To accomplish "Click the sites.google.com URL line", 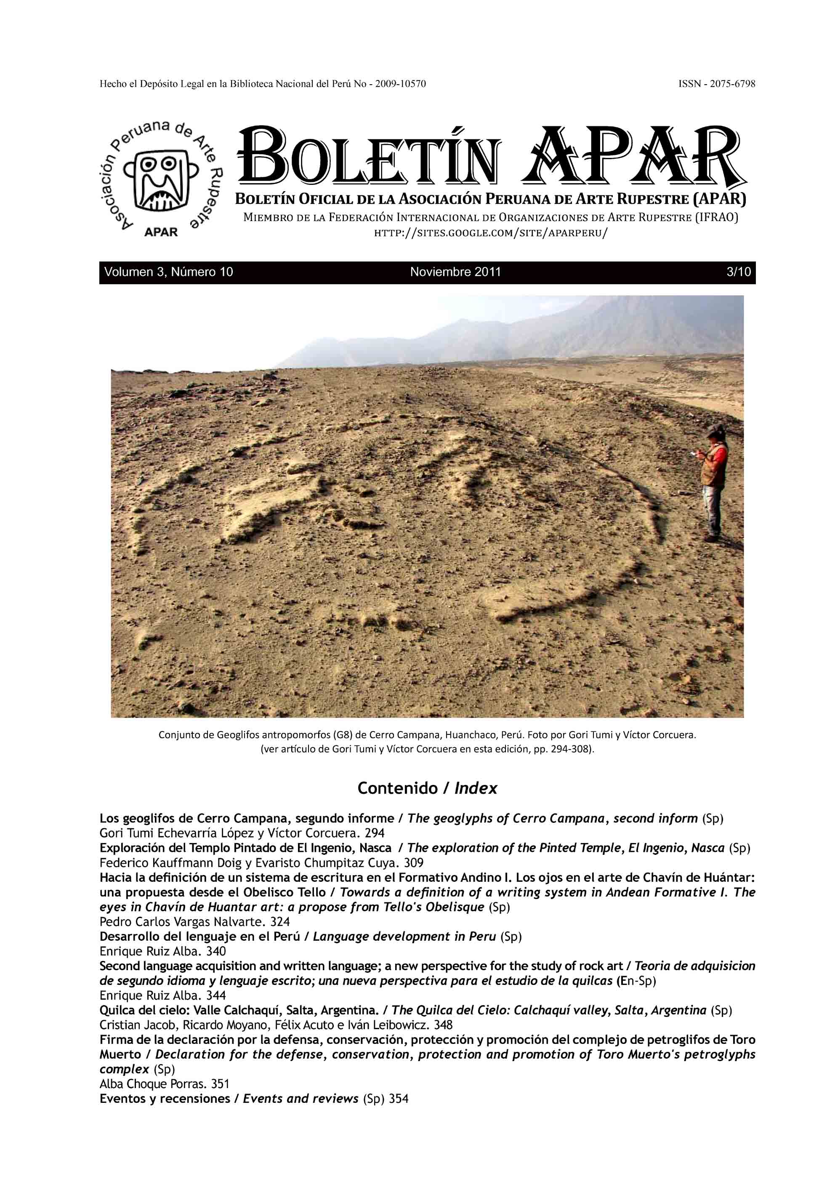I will (490, 233).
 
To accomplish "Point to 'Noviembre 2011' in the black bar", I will (455, 272).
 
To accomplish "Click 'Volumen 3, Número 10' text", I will (169, 272).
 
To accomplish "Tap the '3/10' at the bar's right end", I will (738, 272).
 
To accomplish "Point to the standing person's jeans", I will (713, 510).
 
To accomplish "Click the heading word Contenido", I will (397, 788).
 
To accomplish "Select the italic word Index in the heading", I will (476, 788).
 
